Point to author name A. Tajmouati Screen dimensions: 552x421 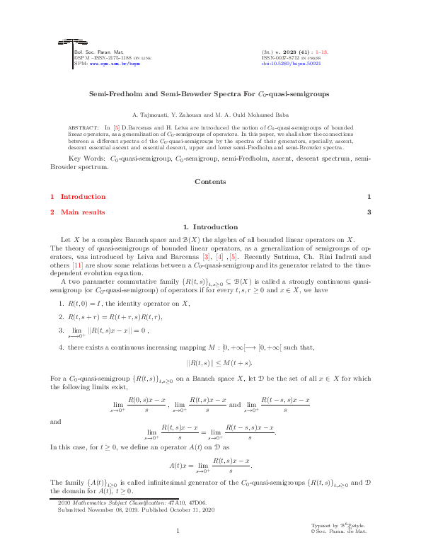coord(153,114)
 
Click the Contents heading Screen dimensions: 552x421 coord(210,182)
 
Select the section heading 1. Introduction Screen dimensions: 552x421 coord(210,227)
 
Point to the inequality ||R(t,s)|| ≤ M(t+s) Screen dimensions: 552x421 coord(210,362)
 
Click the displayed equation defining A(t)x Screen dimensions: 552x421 coord(210,464)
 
